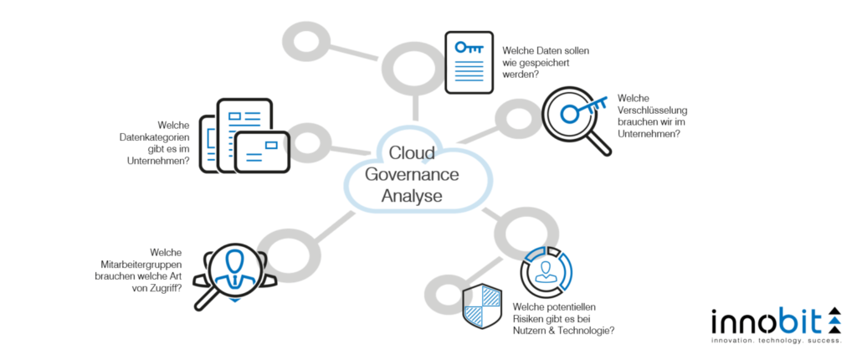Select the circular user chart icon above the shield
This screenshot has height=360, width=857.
point(545,270)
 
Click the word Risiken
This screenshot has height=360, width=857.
point(531,319)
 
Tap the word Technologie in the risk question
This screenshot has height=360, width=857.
point(587,331)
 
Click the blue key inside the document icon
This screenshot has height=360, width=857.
point(469,48)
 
